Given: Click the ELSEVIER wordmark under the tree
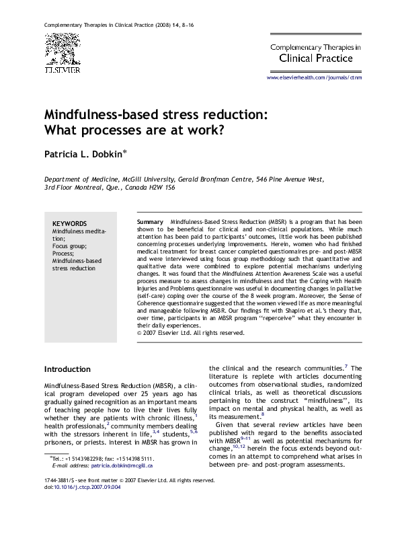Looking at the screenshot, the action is (x=62, y=69).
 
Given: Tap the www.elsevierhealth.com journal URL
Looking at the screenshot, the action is (x=314, y=78).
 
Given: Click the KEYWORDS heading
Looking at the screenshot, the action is (x=69, y=223).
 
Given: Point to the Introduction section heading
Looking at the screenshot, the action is (x=67, y=369).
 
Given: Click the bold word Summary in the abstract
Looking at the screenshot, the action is (x=149, y=222).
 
